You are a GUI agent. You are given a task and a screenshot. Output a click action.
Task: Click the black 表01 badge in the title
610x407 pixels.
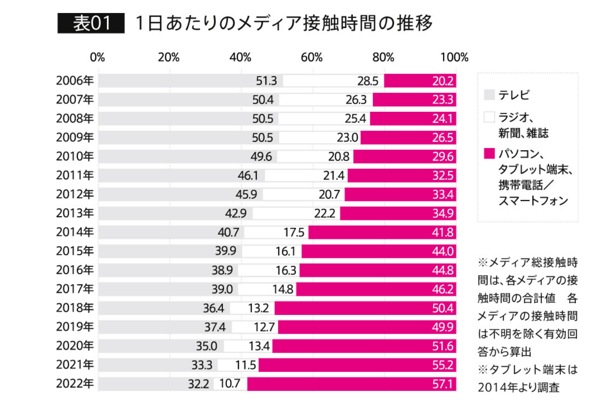point(91,23)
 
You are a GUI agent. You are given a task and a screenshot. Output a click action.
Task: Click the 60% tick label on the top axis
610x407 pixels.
point(311,58)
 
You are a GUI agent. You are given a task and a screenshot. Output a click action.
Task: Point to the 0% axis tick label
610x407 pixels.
point(97,58)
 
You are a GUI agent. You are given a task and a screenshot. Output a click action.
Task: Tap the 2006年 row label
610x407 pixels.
point(75,81)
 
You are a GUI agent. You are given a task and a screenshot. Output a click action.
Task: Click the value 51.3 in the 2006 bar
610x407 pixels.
point(266,81)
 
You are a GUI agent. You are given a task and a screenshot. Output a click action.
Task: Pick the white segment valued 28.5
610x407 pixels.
point(334,81)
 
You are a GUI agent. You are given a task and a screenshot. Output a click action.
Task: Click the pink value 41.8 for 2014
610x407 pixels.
point(442,232)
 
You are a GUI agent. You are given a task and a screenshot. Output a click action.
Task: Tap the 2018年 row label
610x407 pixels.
point(75,308)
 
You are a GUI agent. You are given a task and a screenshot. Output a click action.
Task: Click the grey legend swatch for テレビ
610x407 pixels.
point(489,95)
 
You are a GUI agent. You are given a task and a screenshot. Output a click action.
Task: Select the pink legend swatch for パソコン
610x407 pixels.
point(489,153)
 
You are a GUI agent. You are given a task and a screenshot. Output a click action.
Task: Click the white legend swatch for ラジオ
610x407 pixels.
point(489,117)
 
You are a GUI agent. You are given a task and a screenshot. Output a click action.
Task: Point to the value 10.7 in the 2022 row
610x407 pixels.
point(230,384)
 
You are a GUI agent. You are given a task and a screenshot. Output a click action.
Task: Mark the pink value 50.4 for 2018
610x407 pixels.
point(442,308)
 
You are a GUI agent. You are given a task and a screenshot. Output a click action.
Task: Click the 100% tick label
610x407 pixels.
point(454,58)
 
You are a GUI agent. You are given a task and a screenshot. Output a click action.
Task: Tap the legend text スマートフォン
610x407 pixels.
point(533,201)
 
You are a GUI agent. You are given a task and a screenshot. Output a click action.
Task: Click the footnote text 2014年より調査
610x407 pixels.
point(518,388)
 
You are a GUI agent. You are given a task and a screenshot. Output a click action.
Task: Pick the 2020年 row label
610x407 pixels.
point(75,346)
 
